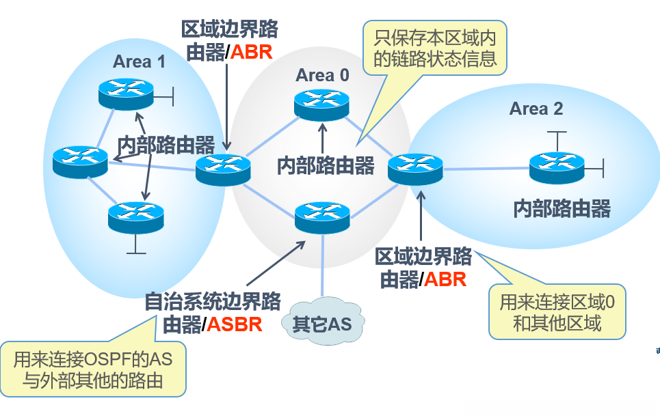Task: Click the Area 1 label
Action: pyautogui.click(x=139, y=61)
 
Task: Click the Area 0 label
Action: pyautogui.click(x=321, y=75)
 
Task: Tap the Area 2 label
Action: pyautogui.click(x=537, y=109)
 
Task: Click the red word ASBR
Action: pyautogui.click(x=235, y=324)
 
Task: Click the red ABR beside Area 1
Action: pyautogui.click(x=252, y=53)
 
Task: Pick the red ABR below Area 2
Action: pyautogui.click(x=445, y=279)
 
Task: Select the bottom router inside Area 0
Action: pyautogui.click(x=321, y=216)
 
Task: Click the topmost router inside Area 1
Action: pyautogui.click(x=125, y=94)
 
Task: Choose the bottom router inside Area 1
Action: pyautogui.click(x=135, y=217)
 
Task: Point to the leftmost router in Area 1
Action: pyautogui.click(x=80, y=160)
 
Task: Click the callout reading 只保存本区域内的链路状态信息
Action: pyautogui.click(x=435, y=47)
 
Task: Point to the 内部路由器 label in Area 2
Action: pyautogui.click(x=562, y=208)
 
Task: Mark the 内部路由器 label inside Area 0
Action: pyautogui.click(x=326, y=165)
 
